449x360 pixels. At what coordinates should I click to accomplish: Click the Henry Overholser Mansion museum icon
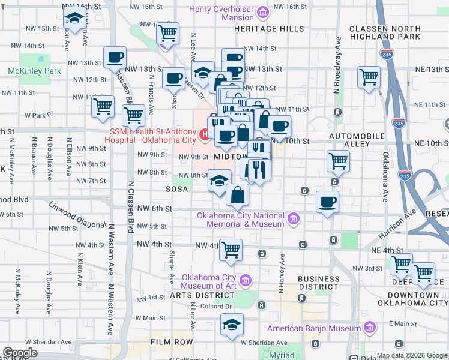click(262, 12)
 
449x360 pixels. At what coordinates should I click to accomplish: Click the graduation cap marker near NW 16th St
click(74, 20)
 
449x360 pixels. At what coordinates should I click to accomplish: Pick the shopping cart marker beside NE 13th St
click(369, 77)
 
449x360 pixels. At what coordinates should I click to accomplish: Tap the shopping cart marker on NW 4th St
click(231, 250)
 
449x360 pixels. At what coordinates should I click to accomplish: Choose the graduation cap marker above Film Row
click(232, 325)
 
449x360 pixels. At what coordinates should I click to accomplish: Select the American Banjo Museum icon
click(370, 328)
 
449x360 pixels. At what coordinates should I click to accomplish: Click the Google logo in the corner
click(20, 352)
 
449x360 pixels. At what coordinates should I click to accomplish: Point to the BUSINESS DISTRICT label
click(319, 283)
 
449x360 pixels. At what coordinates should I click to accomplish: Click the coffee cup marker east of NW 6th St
click(327, 202)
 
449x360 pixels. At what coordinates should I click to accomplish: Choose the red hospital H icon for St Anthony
click(205, 136)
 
